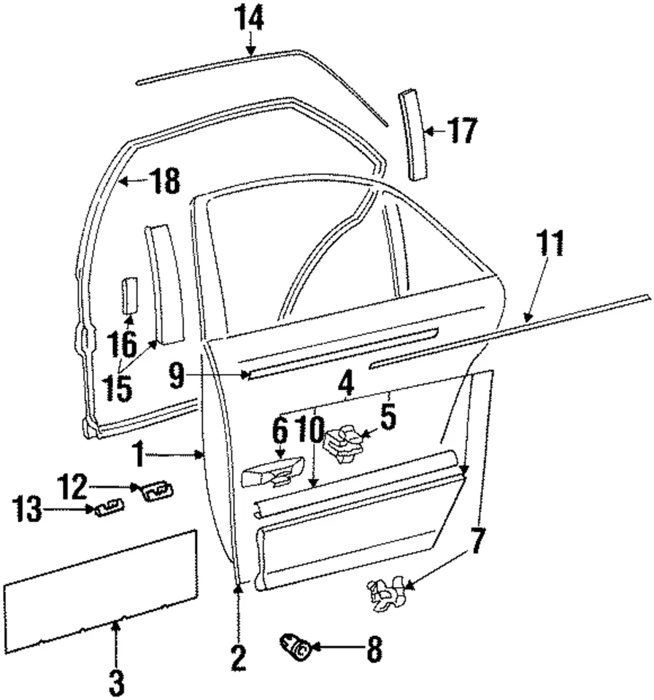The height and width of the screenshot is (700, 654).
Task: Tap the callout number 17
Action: pyautogui.click(x=463, y=132)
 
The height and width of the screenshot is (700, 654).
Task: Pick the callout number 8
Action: pyautogui.click(x=373, y=647)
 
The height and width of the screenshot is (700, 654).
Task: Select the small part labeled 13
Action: pyautogui.click(x=108, y=507)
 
